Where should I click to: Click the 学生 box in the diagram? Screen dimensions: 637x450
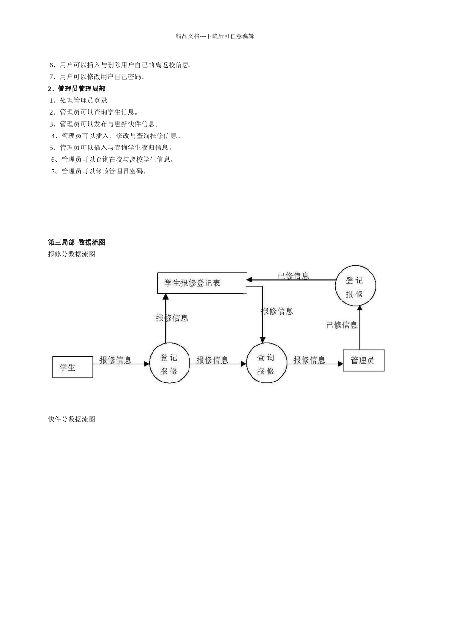coord(72,367)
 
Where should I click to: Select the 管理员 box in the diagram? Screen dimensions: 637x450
coord(363,360)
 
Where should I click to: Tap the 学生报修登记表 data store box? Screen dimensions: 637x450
coord(202,283)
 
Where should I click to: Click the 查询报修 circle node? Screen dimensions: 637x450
coord(267,364)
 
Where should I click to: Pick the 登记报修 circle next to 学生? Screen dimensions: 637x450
coord(170,364)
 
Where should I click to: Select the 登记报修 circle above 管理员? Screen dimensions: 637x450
coord(355,286)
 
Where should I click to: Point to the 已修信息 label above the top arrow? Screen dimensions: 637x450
coord(293,275)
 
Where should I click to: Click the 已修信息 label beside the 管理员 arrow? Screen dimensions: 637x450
coord(342,325)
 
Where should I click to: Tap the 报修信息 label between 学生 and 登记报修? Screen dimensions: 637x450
coord(116,360)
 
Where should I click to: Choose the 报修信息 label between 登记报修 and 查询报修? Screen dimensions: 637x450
coord(213,360)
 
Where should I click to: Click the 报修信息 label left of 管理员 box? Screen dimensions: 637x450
coord(309,360)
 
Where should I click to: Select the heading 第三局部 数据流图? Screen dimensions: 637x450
coord(77,242)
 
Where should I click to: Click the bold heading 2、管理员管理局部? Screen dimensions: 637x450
coord(77,89)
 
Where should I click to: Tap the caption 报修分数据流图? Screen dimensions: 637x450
coord(72,254)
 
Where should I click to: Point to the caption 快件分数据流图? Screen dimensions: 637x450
coord(72,419)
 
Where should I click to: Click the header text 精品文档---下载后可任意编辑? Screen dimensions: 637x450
coord(215,36)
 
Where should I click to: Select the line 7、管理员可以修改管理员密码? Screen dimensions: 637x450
coord(99,171)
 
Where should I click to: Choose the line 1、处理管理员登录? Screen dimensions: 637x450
coord(79,100)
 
